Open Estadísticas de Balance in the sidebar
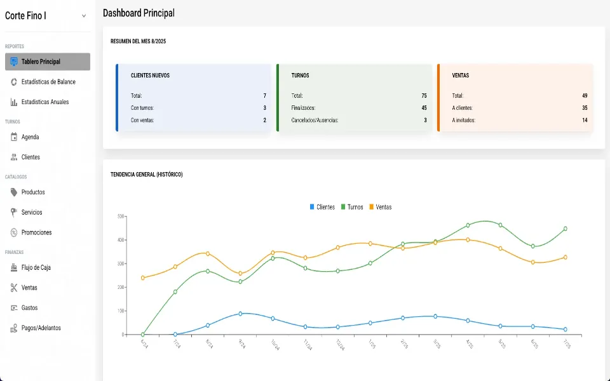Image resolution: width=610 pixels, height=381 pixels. pos(48,82)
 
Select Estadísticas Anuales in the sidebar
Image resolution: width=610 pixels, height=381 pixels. pos(44,102)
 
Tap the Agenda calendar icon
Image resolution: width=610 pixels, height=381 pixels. pos(14,137)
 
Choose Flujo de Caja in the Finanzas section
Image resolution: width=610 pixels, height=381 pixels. pos(36,267)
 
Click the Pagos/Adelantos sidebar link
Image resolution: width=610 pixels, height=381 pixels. pos(41,328)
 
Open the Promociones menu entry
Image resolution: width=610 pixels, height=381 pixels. pos(36,232)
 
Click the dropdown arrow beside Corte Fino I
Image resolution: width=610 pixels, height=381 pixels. pos(84,16)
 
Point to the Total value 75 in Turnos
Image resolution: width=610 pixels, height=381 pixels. pos(424,96)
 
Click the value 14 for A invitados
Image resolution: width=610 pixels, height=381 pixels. pos(585,120)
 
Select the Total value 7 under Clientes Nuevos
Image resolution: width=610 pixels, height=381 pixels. pos(264,96)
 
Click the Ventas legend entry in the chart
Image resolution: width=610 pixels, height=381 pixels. pos(380,207)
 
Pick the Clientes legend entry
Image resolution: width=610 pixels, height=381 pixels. pos(322,207)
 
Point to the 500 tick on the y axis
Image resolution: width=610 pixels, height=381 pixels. pos(121,217)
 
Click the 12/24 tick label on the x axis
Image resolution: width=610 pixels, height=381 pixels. pos(341,345)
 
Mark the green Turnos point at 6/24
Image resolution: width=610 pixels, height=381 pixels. pos(143,335)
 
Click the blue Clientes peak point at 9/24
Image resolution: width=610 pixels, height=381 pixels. pos(240,314)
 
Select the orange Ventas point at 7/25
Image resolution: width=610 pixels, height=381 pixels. pos(565,257)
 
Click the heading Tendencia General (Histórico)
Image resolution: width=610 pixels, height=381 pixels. pos(147,175)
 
